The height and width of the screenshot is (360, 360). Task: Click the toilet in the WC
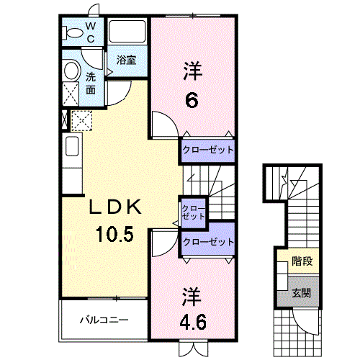coord(72,32)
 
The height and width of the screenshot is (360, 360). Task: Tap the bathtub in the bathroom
coord(127,31)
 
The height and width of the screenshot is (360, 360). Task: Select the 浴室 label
coord(127,60)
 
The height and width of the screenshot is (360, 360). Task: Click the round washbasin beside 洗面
coord(71,71)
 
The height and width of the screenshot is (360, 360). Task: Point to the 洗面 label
coord(91,83)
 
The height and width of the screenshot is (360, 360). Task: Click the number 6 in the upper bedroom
coord(192,101)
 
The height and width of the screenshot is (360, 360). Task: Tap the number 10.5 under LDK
coord(114,234)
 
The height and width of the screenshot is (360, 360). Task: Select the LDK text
coord(115,207)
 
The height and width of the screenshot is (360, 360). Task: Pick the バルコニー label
coord(104,320)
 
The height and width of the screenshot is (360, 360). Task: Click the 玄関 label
coord(302,293)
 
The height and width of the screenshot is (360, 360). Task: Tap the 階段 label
coord(302,261)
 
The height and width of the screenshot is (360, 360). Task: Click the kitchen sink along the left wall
coord(72,146)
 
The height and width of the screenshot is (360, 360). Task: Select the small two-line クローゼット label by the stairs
coord(193,212)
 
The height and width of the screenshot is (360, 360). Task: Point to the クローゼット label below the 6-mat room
coord(208,150)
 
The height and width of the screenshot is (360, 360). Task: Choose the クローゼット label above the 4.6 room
coord(208,242)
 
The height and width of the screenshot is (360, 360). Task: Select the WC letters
coord(91,32)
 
